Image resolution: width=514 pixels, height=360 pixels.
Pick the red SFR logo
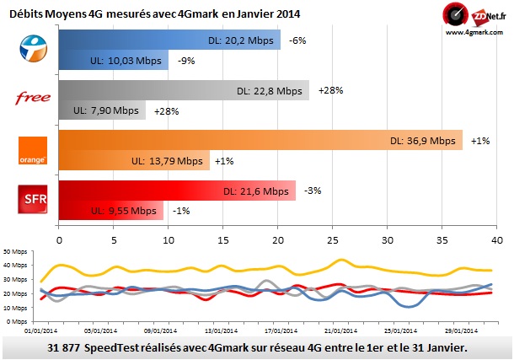coord(32,199)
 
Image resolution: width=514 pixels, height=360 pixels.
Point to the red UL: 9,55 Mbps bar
coord(110,210)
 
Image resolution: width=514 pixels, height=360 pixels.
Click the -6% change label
coord(297,40)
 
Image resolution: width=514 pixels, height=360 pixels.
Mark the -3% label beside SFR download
coord(313,191)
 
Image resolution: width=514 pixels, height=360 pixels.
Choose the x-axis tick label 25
coord(332,240)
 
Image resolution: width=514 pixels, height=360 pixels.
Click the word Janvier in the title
coord(256,13)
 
